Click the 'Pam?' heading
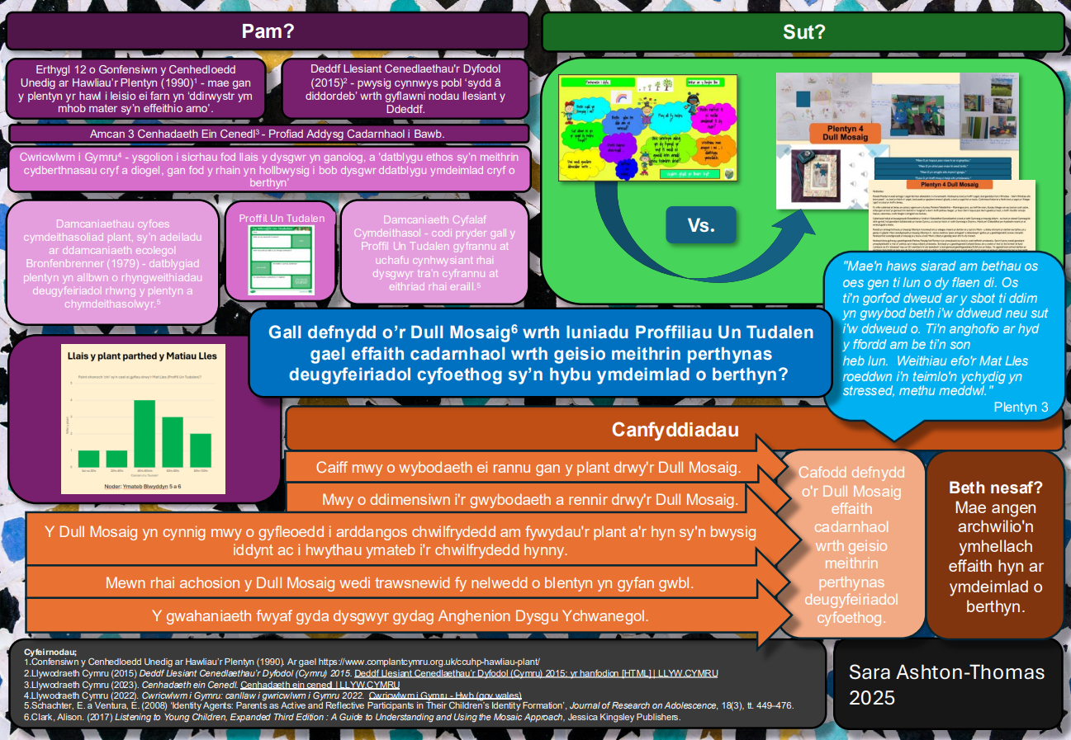coord(268,32)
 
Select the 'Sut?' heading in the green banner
coord(803,32)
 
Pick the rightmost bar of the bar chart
coord(201,450)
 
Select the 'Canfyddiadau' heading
coord(675,430)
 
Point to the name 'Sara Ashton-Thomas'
coord(946,672)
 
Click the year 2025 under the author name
coord(872,698)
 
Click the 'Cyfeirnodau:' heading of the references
coord(50,651)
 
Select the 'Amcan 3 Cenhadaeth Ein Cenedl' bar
coord(268,134)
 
